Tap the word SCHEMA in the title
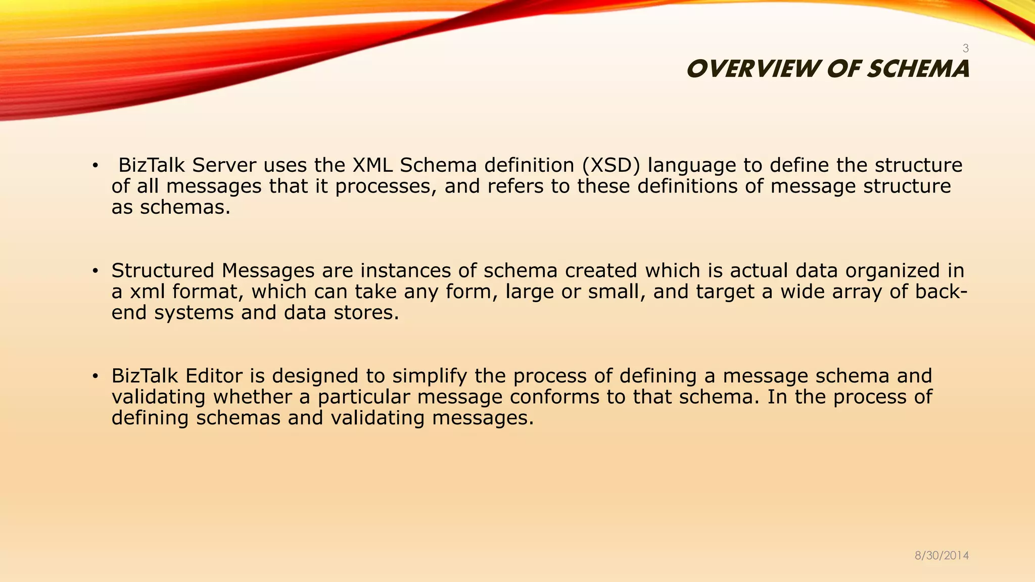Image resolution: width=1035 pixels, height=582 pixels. pyautogui.click(x=918, y=69)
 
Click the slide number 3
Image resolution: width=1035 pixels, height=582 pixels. pyautogui.click(x=965, y=48)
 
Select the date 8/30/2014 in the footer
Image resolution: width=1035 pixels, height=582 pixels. pyautogui.click(x=942, y=556)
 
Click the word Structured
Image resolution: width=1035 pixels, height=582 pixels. pyautogui.click(x=163, y=271)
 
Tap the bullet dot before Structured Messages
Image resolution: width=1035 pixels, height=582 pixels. pyautogui.click(x=95, y=271)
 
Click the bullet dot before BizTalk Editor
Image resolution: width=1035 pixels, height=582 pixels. pyautogui.click(x=95, y=376)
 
